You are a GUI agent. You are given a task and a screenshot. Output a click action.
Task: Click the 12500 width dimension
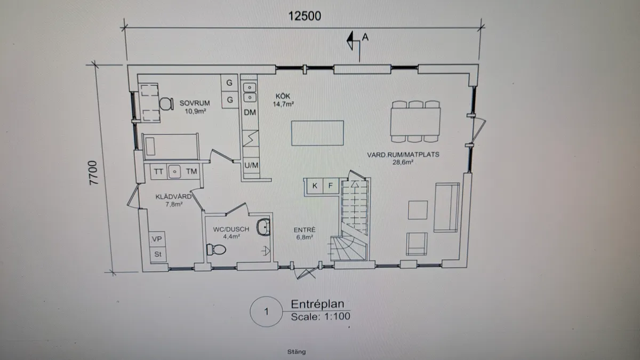305,15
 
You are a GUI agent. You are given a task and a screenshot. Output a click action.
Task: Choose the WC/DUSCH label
231,233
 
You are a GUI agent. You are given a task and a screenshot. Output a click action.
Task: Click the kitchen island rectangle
317,133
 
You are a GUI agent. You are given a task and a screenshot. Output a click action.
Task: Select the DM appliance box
250,113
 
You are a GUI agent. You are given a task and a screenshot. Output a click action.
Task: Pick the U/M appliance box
251,165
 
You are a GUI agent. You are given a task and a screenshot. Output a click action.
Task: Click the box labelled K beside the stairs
315,186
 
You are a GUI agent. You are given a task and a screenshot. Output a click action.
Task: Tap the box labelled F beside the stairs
330,186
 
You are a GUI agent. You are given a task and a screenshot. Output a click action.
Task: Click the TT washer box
158,172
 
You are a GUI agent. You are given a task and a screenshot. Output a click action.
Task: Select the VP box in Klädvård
157,239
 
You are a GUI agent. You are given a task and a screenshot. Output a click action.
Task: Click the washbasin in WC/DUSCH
263,228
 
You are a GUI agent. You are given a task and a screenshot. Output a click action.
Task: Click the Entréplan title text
317,304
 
